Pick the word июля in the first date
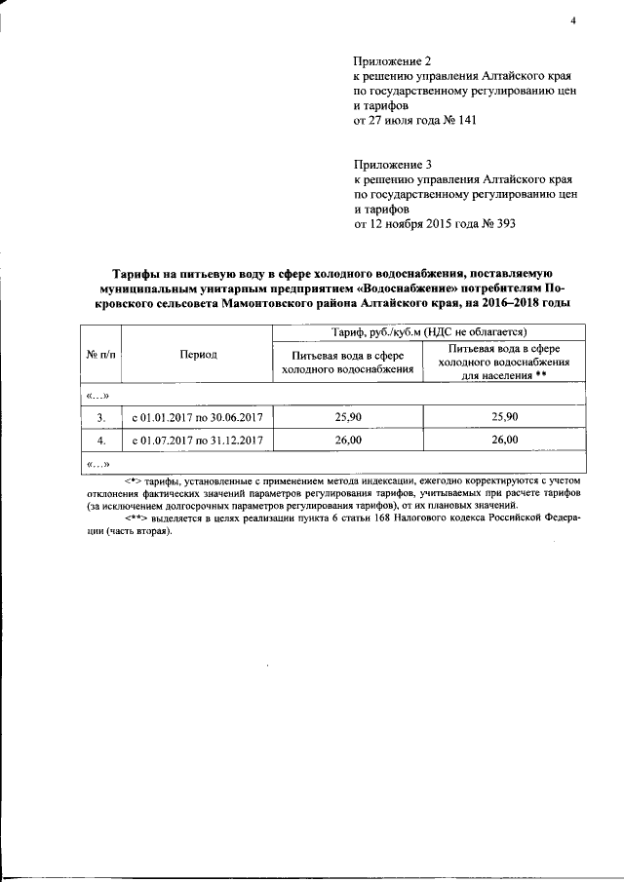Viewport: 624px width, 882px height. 401,120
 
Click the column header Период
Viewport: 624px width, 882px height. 198,355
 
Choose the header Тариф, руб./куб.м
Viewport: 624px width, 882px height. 429,332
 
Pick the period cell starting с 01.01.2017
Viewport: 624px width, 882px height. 198,416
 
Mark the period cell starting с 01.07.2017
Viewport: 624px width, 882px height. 198,440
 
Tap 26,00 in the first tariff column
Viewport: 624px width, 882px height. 347,440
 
